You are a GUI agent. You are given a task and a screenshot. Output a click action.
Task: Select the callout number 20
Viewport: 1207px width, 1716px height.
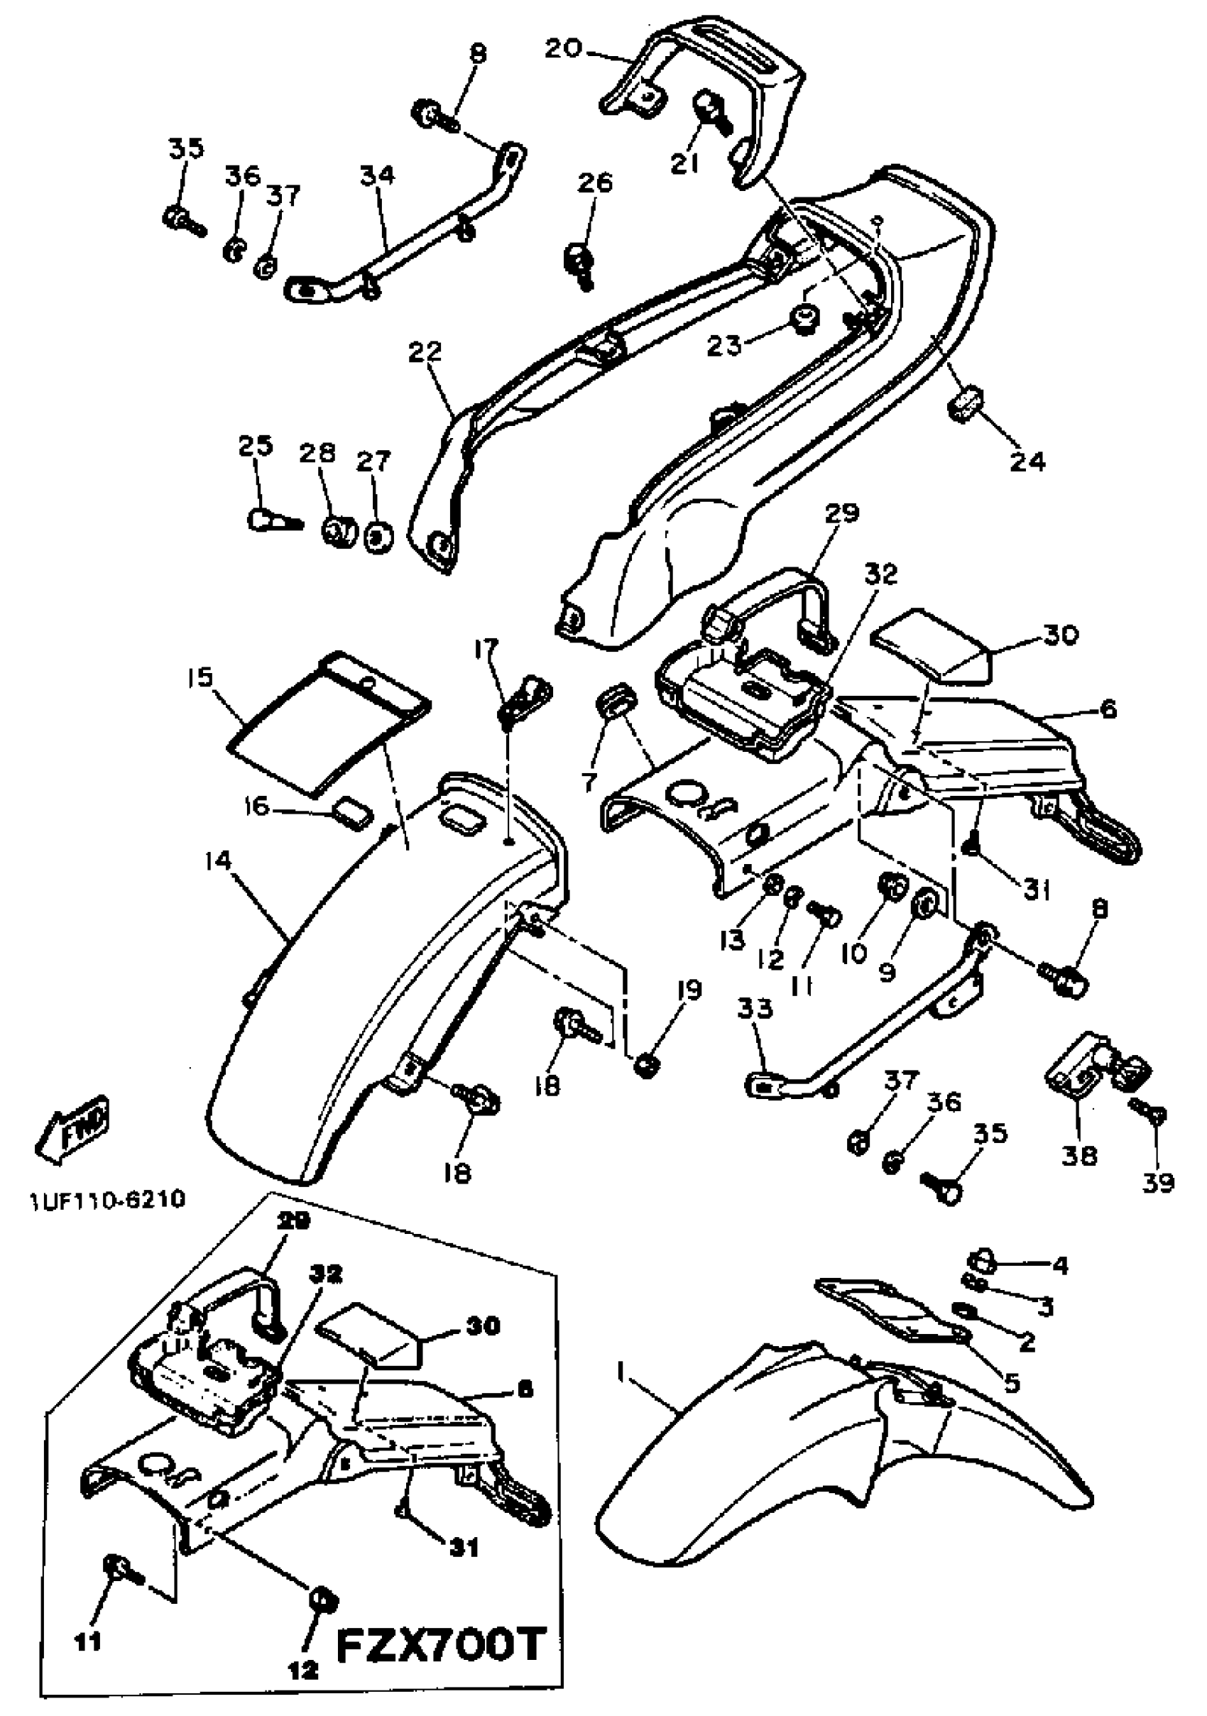click(563, 48)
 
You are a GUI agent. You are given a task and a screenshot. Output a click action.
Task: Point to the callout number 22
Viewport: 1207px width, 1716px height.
click(425, 351)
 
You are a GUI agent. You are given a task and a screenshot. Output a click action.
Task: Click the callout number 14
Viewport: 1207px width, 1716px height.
click(221, 863)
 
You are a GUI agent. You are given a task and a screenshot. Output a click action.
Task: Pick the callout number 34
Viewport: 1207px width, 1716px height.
click(378, 175)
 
